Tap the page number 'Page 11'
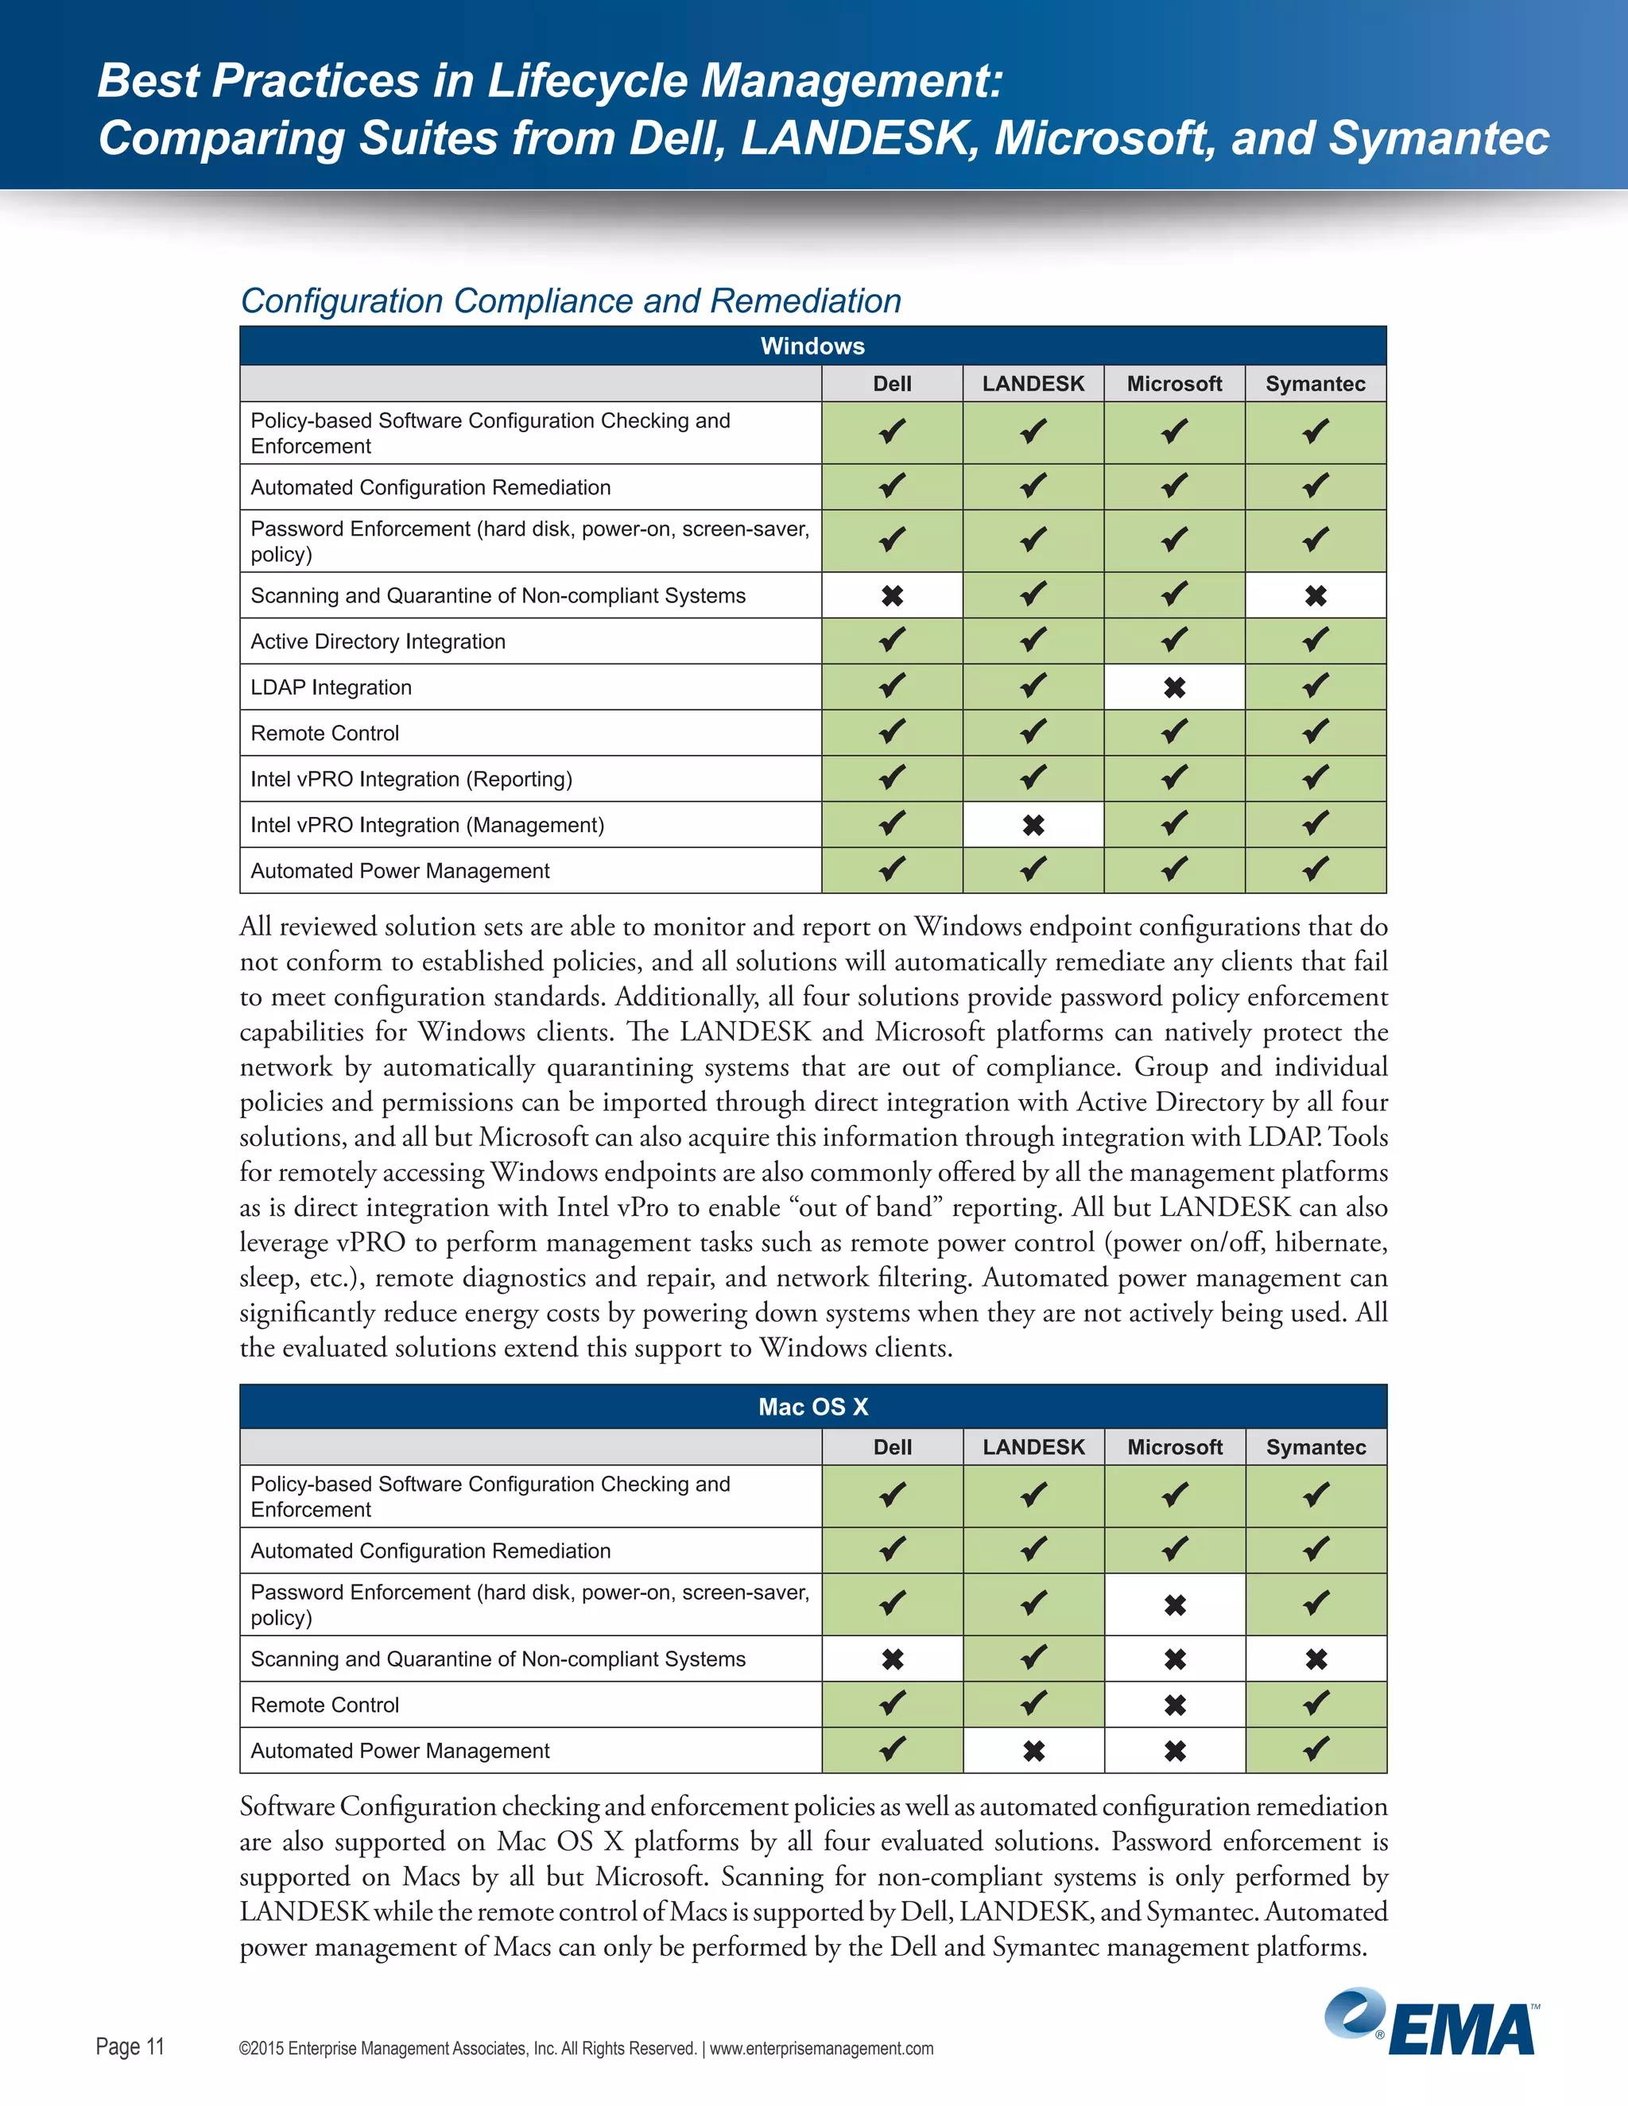point(130,2046)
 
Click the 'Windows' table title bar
point(812,346)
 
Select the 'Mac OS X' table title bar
point(812,1407)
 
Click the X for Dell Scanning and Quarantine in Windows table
point(892,596)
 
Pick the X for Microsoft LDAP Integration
point(1174,687)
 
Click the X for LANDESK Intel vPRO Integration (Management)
point(1033,826)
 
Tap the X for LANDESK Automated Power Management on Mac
point(1033,1751)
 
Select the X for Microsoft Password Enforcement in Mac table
point(1174,1605)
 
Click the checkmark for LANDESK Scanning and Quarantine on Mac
point(1033,1659)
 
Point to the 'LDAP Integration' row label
point(331,687)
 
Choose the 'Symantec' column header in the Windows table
point(1315,384)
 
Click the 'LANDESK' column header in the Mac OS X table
point(1033,1447)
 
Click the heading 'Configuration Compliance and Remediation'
point(570,301)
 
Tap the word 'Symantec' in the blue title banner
point(1438,138)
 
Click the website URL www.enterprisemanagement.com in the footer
point(822,2048)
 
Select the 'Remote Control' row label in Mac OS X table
point(324,1705)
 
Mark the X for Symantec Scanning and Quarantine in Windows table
point(1315,596)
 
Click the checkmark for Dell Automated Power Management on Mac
point(892,1750)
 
